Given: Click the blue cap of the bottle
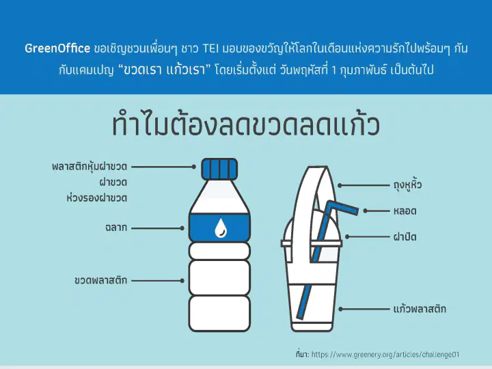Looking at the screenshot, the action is [219, 169].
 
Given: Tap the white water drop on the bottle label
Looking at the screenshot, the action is [221, 228].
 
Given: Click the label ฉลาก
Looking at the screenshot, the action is [116, 228].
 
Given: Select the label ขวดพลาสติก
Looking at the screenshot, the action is [100, 280].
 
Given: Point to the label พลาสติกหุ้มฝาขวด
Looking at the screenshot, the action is [90, 166].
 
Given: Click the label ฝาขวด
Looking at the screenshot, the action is [113, 182].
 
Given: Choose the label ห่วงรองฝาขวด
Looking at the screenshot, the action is [97, 198].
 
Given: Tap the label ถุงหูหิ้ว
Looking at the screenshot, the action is [407, 184].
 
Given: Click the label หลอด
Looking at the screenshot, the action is [405, 211].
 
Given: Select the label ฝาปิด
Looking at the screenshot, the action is [405, 236].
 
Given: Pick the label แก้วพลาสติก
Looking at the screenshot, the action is [420, 309].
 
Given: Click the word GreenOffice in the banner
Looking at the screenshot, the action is [57, 49].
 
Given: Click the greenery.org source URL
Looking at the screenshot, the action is [385, 355].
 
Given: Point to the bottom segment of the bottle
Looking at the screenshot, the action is [219, 313].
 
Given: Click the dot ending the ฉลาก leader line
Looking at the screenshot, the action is [182, 228].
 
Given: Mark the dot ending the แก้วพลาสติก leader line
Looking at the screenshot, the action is [341, 309].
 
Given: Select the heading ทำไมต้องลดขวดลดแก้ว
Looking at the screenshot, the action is [246, 124].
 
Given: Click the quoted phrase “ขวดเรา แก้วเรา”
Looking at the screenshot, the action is [165, 69].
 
